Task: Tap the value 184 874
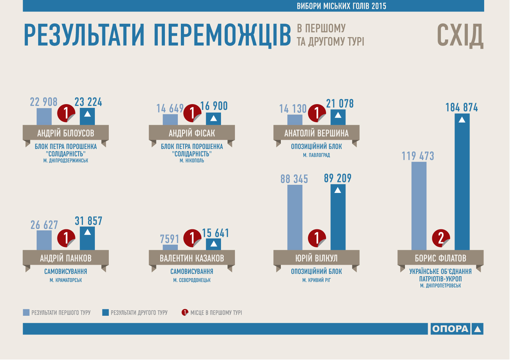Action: coord(462,108)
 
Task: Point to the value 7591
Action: coord(169,239)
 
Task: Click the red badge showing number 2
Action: coord(441,238)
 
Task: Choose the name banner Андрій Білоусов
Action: coord(66,133)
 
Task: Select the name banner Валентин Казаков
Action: coord(192,258)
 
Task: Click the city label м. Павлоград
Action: coord(316,155)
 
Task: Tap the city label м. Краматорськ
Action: coord(66,280)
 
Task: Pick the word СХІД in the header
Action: coord(460,35)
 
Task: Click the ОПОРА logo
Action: coord(457,329)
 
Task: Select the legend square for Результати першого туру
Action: coord(26,312)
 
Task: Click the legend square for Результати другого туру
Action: coord(105,312)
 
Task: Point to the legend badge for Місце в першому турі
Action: coord(185,312)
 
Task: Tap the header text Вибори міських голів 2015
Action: coord(341,6)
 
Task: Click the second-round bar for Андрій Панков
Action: coord(87,238)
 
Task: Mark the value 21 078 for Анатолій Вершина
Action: coord(340,103)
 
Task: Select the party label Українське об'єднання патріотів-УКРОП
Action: coord(440,275)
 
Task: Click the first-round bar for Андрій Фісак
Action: coord(170,119)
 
